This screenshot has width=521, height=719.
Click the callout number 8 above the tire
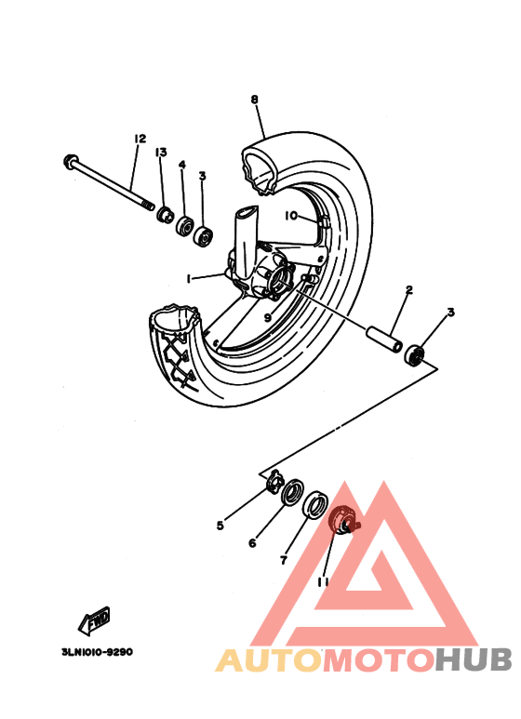[254, 100]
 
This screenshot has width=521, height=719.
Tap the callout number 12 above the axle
[140, 139]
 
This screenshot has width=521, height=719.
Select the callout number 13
[161, 153]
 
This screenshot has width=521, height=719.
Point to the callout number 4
[182, 165]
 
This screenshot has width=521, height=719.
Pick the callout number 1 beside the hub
[188, 278]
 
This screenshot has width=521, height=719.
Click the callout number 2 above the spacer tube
[407, 291]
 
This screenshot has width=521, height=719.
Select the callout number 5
[220, 526]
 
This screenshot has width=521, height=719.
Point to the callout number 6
[251, 543]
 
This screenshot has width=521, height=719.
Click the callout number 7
[284, 560]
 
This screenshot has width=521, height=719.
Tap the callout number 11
[323, 582]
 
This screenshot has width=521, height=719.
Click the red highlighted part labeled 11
[343, 518]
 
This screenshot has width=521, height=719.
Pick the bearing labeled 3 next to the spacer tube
[415, 353]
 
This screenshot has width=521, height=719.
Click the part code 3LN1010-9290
[90, 652]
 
